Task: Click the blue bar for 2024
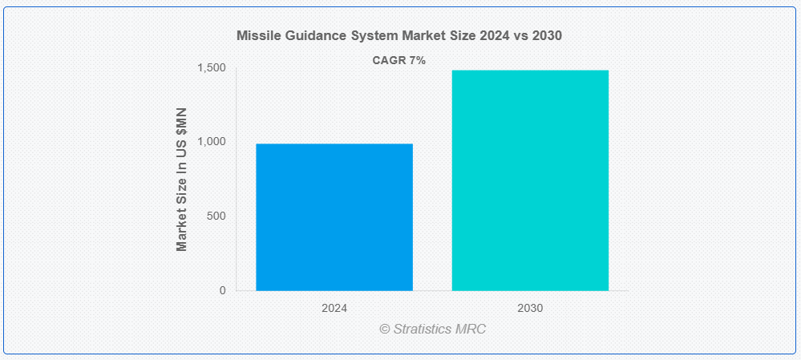[334, 217]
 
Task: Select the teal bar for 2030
[530, 180]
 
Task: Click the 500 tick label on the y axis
[216, 216]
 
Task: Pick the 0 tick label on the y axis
[223, 290]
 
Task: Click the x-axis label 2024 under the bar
[334, 309]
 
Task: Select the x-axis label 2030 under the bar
[530, 309]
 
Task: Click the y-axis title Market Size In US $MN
[181, 180]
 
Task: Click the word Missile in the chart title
[254, 36]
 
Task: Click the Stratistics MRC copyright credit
[433, 329]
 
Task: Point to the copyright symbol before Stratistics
[385, 330]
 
